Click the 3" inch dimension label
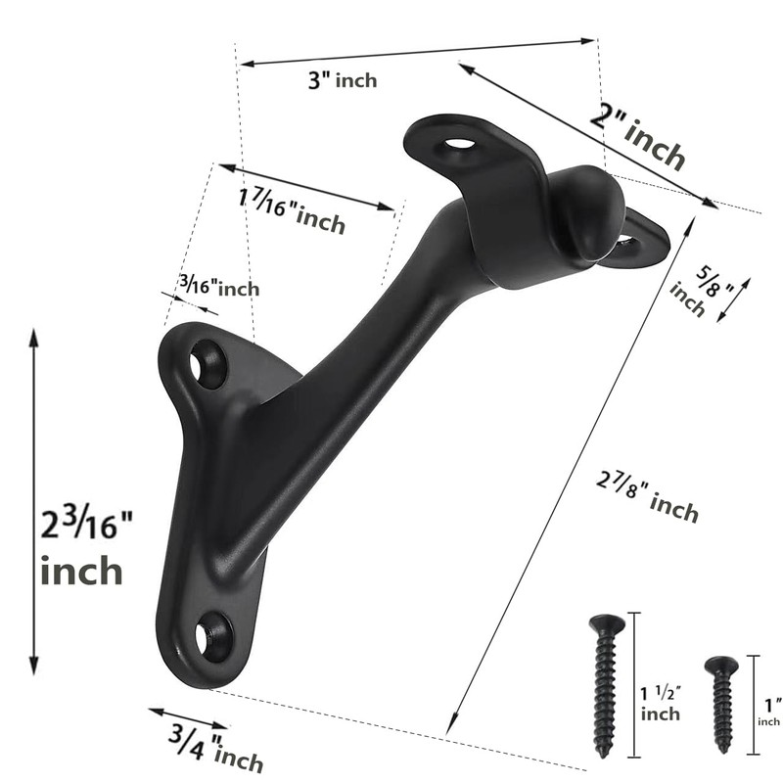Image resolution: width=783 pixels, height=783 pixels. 342,81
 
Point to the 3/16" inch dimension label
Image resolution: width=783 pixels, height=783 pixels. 219,287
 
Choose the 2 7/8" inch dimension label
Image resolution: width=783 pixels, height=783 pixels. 647,494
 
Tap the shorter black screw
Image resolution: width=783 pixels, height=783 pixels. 722,702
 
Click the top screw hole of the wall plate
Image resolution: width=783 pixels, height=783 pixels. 209,364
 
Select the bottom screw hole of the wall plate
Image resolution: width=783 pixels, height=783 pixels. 214,637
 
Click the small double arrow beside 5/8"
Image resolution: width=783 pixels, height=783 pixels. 734,299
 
